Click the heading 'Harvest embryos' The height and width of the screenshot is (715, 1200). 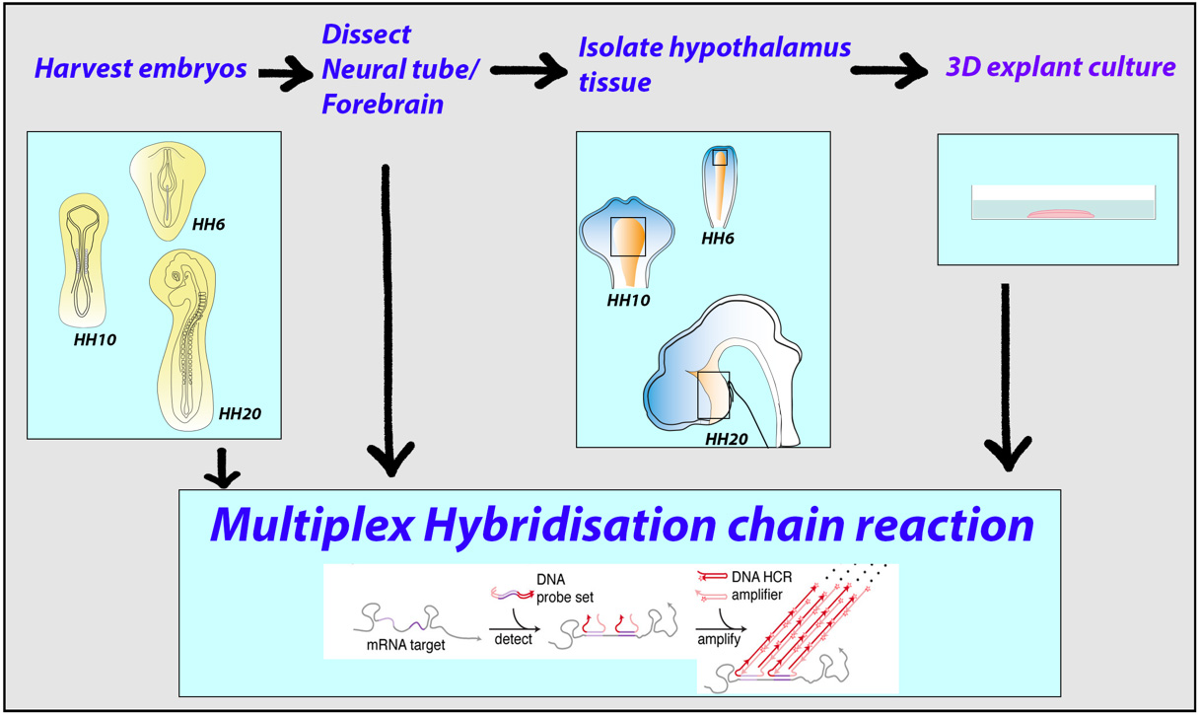tap(140, 69)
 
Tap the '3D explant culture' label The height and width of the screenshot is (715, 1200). tap(1061, 67)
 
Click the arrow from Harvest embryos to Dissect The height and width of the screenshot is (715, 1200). tap(285, 72)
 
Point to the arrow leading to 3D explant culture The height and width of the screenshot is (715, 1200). tap(889, 70)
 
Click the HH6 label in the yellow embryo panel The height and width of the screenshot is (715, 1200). tap(208, 224)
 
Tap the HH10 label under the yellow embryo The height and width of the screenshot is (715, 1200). tap(95, 340)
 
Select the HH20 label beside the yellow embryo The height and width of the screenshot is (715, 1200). tap(240, 414)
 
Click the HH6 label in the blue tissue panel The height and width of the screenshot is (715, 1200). tap(718, 239)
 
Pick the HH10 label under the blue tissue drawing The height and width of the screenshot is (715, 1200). tap(628, 300)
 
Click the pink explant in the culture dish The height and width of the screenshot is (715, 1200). tap(1060, 214)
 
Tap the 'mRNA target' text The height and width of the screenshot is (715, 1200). tap(405, 645)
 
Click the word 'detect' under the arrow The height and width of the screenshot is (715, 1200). tap(513, 639)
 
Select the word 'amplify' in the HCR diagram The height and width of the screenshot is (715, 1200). tap(719, 639)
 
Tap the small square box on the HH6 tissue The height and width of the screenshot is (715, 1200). tap(720, 158)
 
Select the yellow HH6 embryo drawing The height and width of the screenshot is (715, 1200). tap(168, 190)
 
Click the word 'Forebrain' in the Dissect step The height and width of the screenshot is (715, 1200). tap(383, 104)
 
